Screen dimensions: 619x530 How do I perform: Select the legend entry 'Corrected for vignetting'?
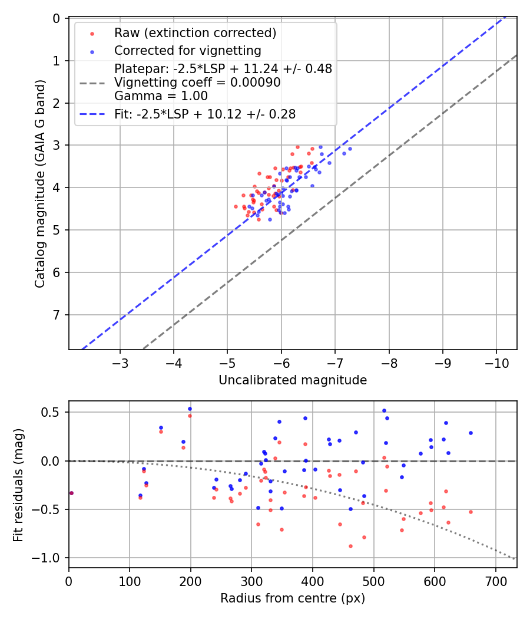point(187,50)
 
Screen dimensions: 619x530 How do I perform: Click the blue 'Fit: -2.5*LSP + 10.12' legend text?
point(205,114)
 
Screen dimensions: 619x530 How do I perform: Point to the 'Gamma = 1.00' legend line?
point(161,96)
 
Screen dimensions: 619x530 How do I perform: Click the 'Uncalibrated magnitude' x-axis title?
point(293,380)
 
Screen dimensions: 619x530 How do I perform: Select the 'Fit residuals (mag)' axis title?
point(18,483)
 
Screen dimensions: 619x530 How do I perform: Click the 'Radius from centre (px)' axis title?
point(293,598)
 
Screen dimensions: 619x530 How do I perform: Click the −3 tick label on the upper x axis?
point(120,361)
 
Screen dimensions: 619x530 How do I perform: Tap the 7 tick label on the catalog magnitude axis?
point(57,315)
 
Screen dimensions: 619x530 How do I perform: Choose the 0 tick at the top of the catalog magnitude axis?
point(57,18)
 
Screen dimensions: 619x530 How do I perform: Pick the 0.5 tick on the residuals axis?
point(53,412)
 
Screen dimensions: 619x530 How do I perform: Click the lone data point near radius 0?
point(71,493)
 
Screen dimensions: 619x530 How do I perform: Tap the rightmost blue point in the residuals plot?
point(471,433)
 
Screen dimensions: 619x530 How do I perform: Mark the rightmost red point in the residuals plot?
point(471,512)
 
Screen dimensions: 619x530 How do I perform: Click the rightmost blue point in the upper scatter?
point(350,149)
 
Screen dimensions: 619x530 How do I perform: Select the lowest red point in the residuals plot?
point(350,546)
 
